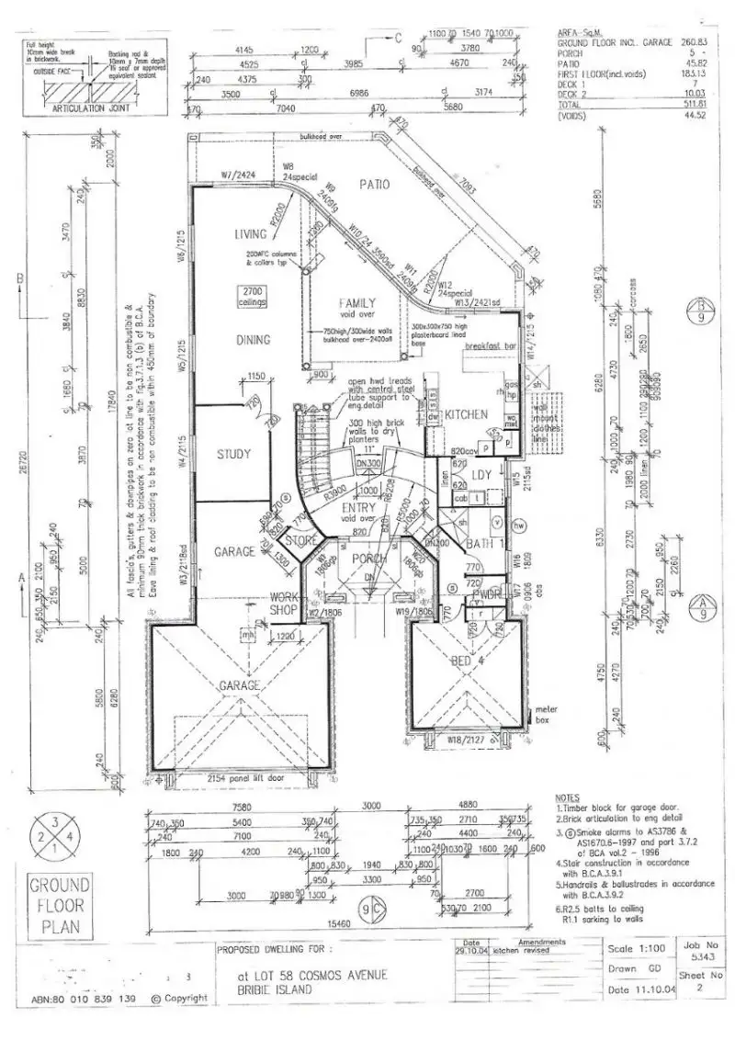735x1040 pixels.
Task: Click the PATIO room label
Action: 375,185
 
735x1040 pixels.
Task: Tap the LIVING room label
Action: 251,235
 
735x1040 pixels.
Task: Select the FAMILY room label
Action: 359,302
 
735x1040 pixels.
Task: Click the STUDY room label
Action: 234,454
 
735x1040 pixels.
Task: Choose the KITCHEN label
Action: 466,414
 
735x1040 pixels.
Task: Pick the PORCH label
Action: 369,558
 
